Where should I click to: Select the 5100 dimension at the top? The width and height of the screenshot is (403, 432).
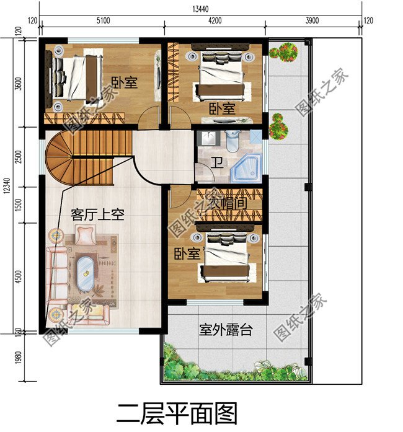(102, 20)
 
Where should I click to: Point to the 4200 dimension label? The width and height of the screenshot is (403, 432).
(215, 20)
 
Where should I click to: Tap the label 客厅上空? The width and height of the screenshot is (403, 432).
(98, 215)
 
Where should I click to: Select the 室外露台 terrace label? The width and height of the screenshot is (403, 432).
(226, 330)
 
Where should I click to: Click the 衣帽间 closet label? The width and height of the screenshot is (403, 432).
(227, 203)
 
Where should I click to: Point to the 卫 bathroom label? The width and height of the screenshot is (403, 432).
(216, 163)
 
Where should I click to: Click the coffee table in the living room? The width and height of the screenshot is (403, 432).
(86, 273)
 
